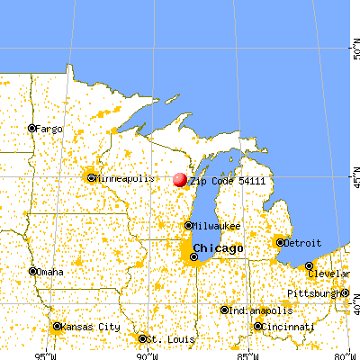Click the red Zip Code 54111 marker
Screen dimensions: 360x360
click(179, 180)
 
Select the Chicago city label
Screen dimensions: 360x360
click(218, 247)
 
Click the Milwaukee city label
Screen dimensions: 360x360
click(217, 226)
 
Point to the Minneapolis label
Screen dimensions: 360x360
click(124, 178)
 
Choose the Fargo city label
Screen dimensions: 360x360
click(49, 129)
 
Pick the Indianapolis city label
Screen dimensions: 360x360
click(261, 310)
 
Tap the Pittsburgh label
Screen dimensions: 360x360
click(314, 293)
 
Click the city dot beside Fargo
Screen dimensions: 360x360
click(31, 128)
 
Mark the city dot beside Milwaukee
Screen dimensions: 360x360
click(188, 226)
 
